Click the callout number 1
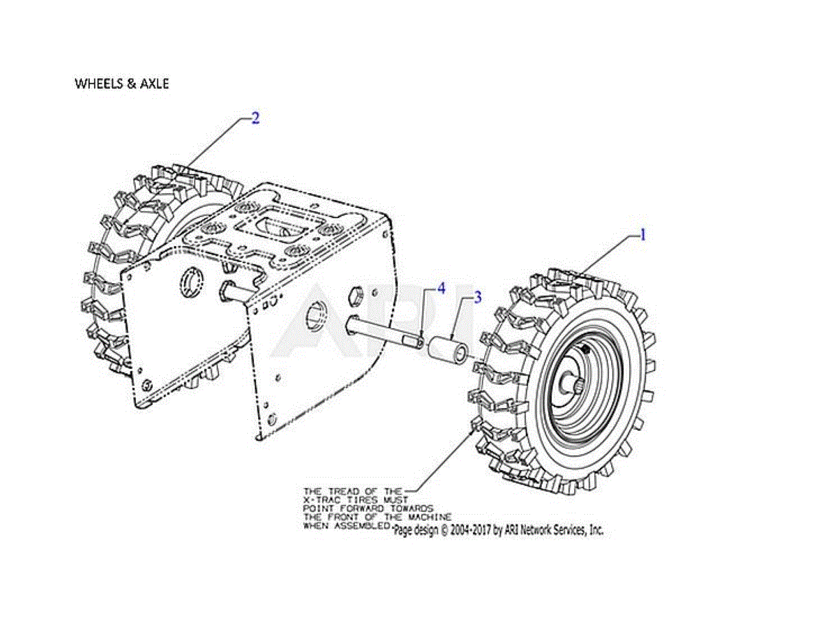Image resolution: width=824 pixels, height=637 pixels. pos(642,235)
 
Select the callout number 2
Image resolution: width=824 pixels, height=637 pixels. pos(255,118)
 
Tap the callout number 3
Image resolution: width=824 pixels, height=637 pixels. pos(478,297)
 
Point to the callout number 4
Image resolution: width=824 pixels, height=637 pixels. pos(442,289)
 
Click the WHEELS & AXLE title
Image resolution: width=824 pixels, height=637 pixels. pos(122,83)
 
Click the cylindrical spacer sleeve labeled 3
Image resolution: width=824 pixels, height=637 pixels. pos(448,348)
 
